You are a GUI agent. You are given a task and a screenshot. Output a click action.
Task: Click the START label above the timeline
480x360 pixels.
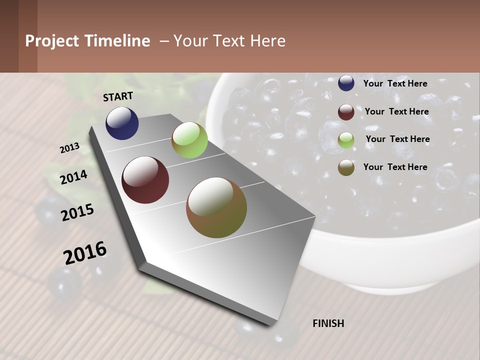[x=118, y=96]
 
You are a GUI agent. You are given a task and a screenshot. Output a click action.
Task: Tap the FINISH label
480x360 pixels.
[x=328, y=323]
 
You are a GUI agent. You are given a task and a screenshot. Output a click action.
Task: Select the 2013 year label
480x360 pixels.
[x=70, y=147]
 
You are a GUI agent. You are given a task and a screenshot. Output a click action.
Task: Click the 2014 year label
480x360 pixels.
[x=74, y=177]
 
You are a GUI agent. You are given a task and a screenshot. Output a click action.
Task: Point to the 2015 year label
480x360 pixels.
[x=77, y=212]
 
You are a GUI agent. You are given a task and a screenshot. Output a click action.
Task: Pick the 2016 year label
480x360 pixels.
[x=85, y=252]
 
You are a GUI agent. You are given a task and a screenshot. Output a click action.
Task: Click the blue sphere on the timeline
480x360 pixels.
[x=122, y=123]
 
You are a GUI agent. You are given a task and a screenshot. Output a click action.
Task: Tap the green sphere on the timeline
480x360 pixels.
[x=189, y=140]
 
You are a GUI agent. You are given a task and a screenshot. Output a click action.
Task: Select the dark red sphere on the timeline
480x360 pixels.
[x=145, y=180]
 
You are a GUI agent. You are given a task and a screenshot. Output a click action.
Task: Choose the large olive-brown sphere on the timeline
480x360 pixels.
[x=216, y=207]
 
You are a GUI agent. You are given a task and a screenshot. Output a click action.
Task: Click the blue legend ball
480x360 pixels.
[x=346, y=83]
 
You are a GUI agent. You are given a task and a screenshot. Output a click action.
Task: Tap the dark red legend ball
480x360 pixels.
[x=346, y=112]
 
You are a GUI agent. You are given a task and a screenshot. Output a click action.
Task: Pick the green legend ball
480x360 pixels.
[x=346, y=140]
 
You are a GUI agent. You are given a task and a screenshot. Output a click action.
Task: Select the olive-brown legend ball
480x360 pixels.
[x=346, y=167]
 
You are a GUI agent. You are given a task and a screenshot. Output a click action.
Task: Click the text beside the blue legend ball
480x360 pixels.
[x=395, y=83]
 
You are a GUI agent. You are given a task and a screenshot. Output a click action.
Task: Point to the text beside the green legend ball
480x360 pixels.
[x=397, y=139]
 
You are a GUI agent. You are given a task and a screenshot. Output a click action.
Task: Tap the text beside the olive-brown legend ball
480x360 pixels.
[x=395, y=167]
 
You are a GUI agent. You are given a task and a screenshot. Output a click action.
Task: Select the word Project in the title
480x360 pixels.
[x=51, y=41]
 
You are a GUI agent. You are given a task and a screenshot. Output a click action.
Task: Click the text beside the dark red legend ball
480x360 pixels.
[x=396, y=111]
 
